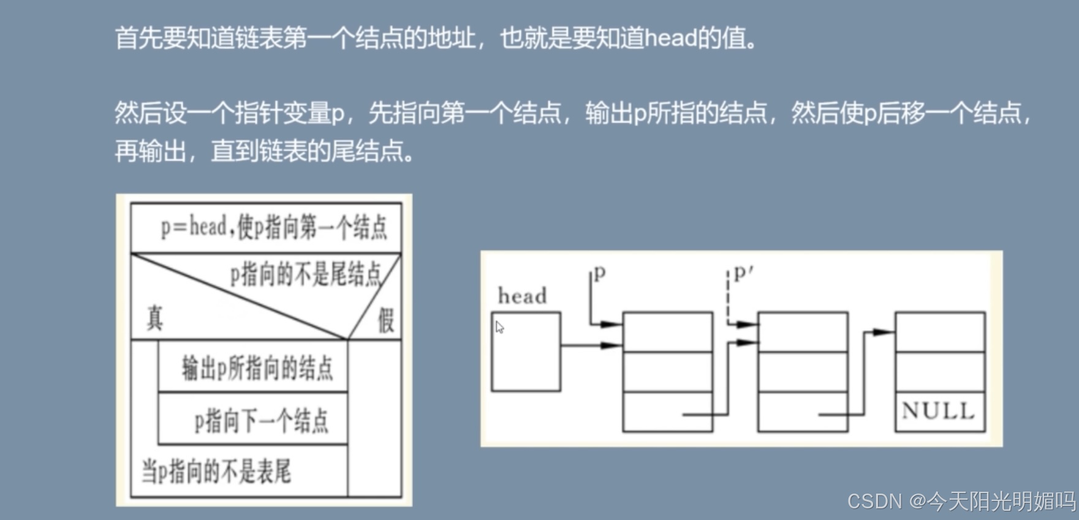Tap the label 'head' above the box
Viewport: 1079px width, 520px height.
(x=522, y=296)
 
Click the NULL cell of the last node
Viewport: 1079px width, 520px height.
(x=939, y=410)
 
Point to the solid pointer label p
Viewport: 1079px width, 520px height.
(x=599, y=273)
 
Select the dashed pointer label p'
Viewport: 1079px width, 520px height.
(x=742, y=273)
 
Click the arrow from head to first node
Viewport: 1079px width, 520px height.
(x=591, y=345)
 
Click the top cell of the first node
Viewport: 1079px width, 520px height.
(x=667, y=331)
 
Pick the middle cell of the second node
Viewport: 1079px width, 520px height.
(x=803, y=372)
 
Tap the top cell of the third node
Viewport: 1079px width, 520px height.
(x=939, y=331)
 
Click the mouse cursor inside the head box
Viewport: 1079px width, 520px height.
(x=499, y=328)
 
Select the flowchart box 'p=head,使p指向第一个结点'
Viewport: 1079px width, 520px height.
(x=267, y=228)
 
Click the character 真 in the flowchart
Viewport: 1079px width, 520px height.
(x=154, y=318)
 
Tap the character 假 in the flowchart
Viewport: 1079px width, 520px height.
(x=385, y=320)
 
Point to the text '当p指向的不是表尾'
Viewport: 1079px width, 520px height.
(x=216, y=472)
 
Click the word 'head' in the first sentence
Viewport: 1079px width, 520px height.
(x=670, y=39)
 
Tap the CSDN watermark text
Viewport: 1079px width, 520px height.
(x=961, y=501)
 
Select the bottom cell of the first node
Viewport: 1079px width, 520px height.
(x=667, y=412)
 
